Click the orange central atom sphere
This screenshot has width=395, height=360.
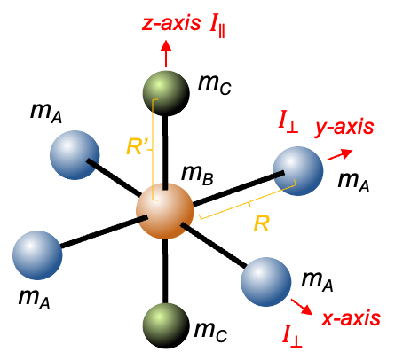coord(165,211)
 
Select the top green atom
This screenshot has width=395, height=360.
coord(166,93)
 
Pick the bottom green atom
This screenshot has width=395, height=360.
coord(166,325)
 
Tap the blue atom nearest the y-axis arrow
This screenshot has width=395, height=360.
coord(298,171)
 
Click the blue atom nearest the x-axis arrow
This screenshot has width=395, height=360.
coord(266,282)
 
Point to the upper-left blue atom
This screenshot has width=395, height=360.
coord(75,155)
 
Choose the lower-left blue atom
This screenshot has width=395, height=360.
coord(37,255)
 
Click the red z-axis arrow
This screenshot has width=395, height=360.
coord(166,53)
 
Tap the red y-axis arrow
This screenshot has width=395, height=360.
coord(340,154)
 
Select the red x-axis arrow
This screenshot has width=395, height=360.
coord(302,307)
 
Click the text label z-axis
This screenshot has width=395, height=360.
coord(171,23)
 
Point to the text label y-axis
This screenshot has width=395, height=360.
coord(344,128)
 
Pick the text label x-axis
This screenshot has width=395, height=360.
coord(351,318)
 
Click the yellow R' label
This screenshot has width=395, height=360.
coord(137,146)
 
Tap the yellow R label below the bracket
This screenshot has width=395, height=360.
coord(262,223)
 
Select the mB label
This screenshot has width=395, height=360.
coord(197,175)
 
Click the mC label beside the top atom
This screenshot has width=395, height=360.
coord(215,84)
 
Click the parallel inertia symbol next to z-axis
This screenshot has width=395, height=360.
coord(217,28)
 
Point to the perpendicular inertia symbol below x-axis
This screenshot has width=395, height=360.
coord(292,336)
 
